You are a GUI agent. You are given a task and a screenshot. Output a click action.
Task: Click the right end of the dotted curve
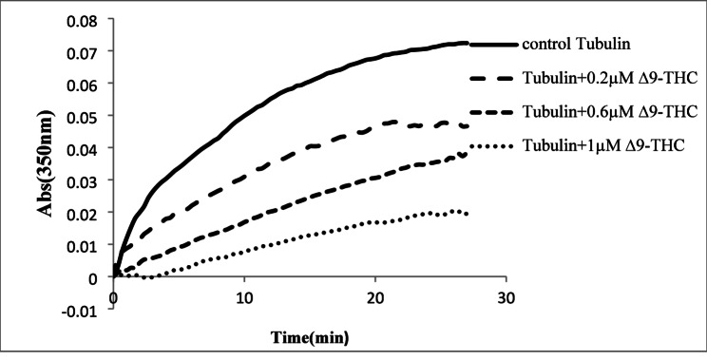point(467,214)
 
